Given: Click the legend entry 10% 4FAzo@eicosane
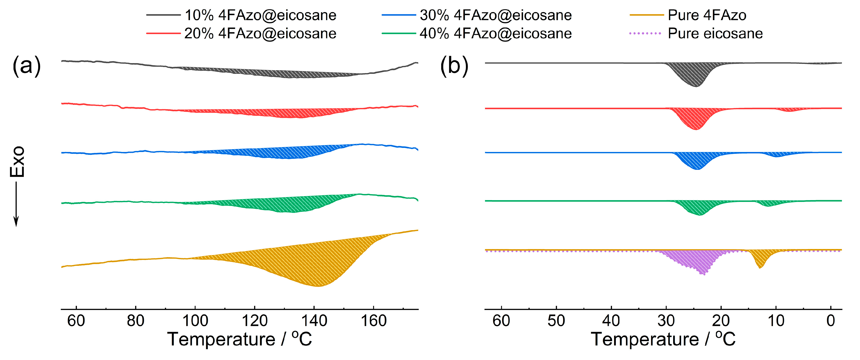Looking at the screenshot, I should click(260, 15).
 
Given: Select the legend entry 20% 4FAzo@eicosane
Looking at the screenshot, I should click(260, 33).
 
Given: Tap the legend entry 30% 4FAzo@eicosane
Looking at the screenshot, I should click(495, 15).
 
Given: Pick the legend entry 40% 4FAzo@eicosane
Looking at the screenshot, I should click(495, 33).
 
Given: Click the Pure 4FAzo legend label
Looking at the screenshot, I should click(707, 15).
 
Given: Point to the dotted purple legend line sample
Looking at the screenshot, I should click(645, 33).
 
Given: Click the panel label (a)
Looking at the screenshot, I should click(26, 65).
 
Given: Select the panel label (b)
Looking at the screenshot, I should click(454, 65).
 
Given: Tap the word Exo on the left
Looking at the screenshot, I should click(17, 162).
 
